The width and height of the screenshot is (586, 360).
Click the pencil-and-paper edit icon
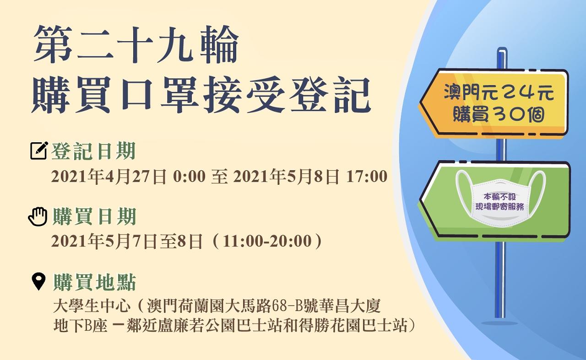(x=39, y=150)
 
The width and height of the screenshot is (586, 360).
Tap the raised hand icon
(x=38, y=216)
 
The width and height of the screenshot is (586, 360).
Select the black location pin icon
(x=39, y=282)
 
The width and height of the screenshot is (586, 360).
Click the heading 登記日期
(x=93, y=151)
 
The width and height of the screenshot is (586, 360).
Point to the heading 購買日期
(x=94, y=216)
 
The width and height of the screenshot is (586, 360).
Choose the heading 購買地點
(x=94, y=282)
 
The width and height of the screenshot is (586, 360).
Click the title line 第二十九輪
(x=136, y=44)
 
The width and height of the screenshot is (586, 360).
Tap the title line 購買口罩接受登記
(x=201, y=95)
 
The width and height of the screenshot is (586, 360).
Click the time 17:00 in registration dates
(x=367, y=176)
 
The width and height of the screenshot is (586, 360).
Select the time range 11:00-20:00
(x=267, y=241)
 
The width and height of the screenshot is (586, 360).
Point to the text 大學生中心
(x=92, y=306)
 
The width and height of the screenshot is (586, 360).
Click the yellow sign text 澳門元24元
(x=499, y=92)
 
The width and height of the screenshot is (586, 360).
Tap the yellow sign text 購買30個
(x=499, y=114)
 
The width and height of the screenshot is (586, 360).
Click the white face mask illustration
(x=500, y=199)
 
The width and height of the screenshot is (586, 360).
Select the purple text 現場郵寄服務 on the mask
(x=499, y=207)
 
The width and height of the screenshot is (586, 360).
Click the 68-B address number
(x=287, y=306)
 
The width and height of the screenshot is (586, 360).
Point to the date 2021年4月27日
(x=109, y=177)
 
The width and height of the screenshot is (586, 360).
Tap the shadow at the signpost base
(x=499, y=323)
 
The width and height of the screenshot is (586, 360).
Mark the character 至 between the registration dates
(x=219, y=177)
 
